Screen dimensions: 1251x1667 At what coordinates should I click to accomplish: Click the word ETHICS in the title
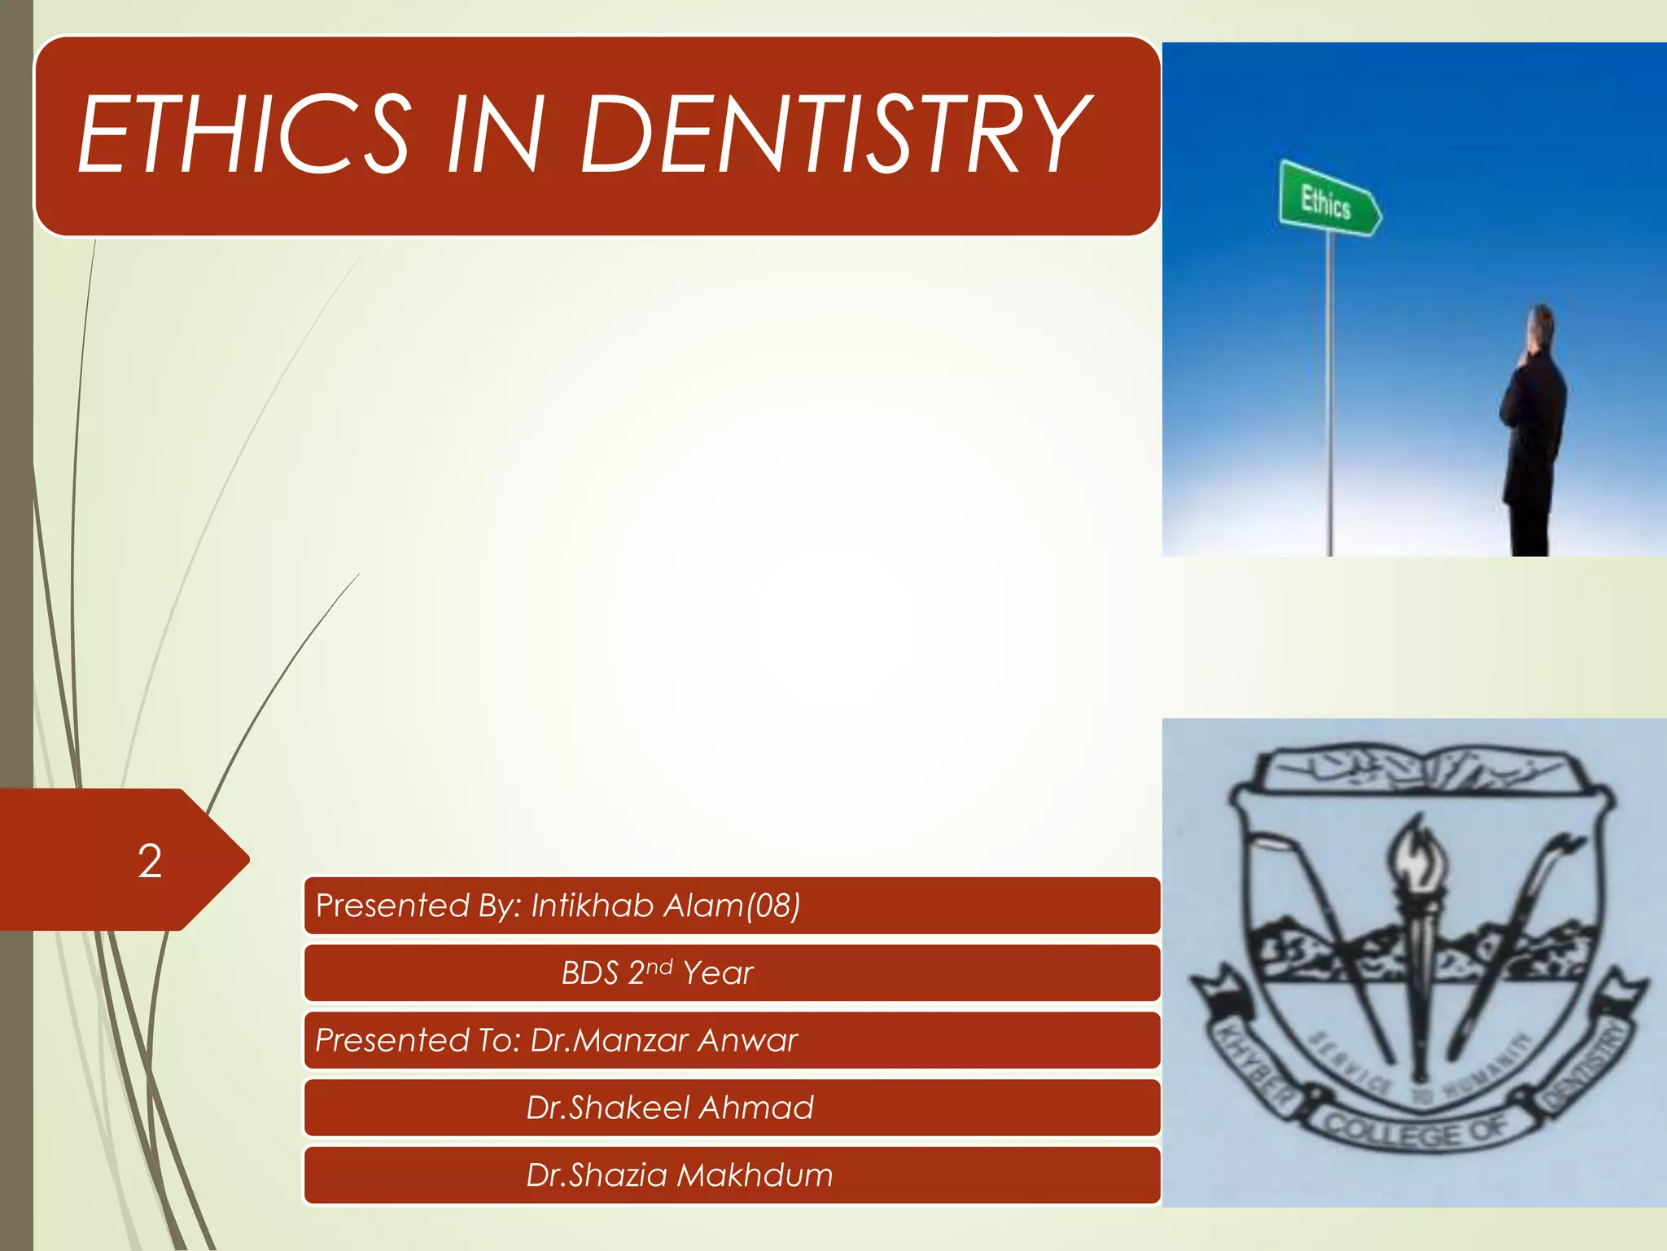(244, 134)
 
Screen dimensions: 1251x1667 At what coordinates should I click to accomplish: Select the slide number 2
(150, 861)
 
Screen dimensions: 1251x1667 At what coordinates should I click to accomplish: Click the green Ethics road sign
(1327, 200)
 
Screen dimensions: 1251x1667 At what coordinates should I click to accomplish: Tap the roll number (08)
(773, 906)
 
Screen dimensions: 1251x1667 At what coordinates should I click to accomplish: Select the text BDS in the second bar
(589, 973)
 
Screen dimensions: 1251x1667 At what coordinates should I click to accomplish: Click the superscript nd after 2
(659, 966)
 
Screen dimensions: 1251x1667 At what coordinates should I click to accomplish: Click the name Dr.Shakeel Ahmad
(669, 1108)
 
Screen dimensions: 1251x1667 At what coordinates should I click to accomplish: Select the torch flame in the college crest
(1420, 855)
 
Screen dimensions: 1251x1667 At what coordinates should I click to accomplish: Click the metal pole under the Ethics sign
(1330, 391)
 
